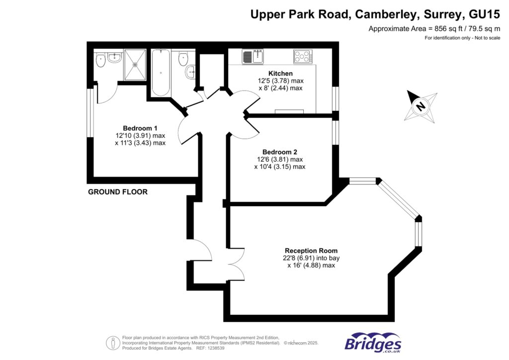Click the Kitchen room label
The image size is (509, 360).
(x=281, y=74)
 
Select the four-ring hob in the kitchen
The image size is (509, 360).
(x=303, y=57)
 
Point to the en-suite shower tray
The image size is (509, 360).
(x=135, y=64)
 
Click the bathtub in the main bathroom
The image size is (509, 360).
(x=161, y=73)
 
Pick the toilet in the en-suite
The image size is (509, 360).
(x=101, y=61)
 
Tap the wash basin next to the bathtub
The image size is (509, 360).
(x=191, y=73)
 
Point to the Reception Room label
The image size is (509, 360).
(x=311, y=251)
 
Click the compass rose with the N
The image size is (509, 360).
(x=421, y=106)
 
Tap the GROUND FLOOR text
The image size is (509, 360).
(x=118, y=192)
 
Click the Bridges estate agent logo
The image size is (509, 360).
(x=373, y=343)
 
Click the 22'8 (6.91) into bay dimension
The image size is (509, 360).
(x=311, y=258)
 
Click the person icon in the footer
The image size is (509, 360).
(x=113, y=343)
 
